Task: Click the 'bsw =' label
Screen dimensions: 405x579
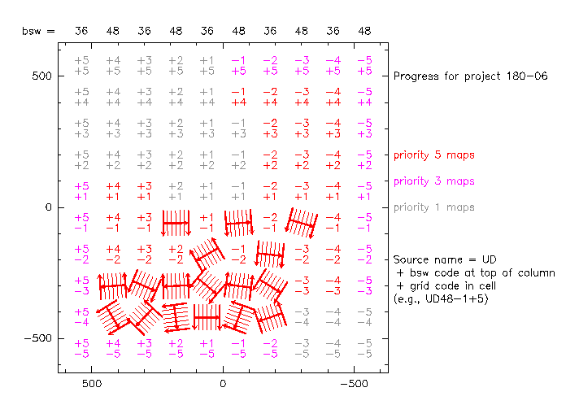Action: [x=39, y=31]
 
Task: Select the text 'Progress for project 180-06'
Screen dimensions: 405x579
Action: [x=470, y=76]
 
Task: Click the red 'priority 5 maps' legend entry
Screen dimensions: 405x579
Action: [x=433, y=155]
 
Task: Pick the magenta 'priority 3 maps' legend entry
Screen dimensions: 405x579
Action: [x=433, y=181]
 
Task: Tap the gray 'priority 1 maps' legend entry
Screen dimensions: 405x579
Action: [x=433, y=207]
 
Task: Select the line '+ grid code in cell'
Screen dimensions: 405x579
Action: [x=444, y=286]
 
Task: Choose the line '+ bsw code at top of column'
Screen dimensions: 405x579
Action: [x=474, y=273]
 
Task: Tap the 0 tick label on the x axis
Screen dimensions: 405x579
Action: [x=223, y=382]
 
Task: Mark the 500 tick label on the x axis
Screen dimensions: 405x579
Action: [x=92, y=382]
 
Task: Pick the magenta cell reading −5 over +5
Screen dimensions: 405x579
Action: [x=364, y=65]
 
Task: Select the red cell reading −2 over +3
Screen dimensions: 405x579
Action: [x=270, y=128]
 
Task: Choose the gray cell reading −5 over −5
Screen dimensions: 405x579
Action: [x=364, y=348]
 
